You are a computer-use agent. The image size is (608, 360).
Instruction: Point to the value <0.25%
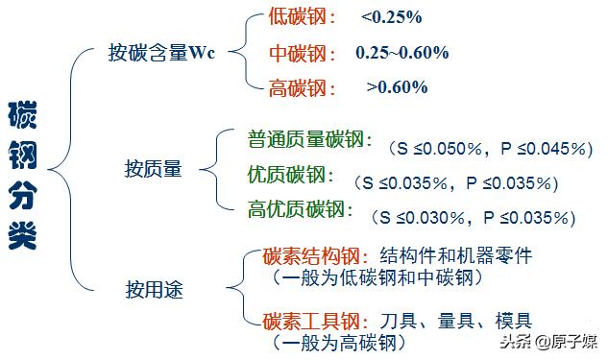[x=392, y=18]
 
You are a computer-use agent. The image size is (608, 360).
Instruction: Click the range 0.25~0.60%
[x=401, y=53]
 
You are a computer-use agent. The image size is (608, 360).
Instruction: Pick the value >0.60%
[x=397, y=87]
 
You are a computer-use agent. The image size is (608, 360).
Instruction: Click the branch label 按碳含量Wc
[x=161, y=53]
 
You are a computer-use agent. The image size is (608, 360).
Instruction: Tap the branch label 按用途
[x=154, y=286]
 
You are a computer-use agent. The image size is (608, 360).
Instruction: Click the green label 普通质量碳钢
[x=308, y=139]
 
